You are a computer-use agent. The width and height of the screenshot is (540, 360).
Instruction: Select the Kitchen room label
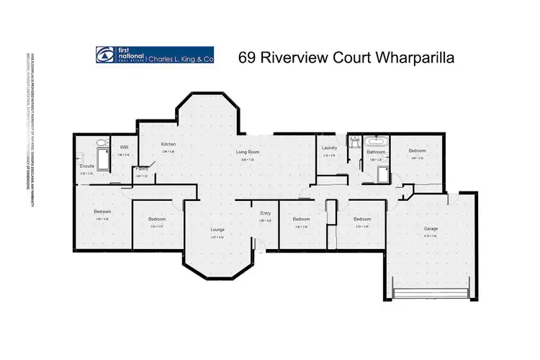tap(168, 144)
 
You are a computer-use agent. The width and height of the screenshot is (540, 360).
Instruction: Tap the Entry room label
tap(265, 213)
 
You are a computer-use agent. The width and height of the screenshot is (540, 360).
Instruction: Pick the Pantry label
tap(142, 168)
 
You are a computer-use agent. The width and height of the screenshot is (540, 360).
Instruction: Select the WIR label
tap(124, 147)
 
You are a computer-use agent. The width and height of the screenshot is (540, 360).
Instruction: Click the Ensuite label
tap(87, 166)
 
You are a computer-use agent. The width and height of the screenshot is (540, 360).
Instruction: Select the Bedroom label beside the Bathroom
tap(417, 150)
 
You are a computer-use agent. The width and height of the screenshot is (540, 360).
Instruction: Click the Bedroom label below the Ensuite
tap(100, 211)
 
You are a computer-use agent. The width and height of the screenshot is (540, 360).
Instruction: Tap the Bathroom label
tap(375, 152)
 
